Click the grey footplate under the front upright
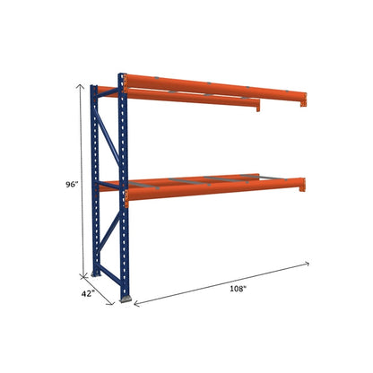point(128,298)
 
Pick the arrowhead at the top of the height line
point(87,86)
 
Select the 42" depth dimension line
point(102,290)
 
